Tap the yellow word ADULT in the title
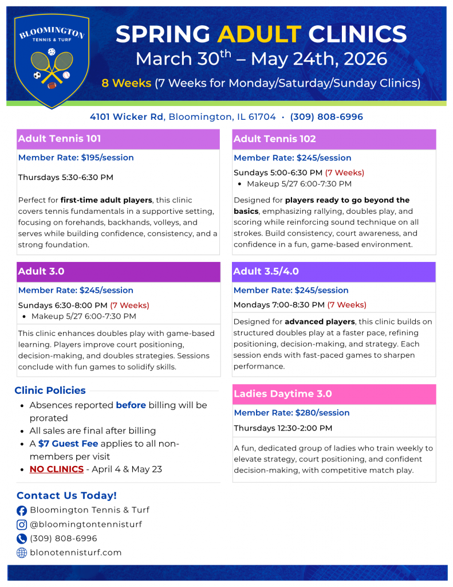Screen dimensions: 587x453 click(259, 34)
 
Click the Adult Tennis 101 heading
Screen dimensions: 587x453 click(60, 139)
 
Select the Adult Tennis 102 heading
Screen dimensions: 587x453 click(275, 139)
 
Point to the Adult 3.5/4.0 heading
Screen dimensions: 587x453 click(266, 272)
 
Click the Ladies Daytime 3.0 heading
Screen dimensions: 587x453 click(283, 394)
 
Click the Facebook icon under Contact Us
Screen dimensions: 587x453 click(22, 510)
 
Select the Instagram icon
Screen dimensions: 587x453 click(22, 525)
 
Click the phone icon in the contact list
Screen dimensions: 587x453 click(22, 539)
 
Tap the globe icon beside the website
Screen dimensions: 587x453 click(22, 553)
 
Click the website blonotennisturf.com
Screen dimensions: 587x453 click(76, 553)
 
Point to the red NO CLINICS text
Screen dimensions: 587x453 click(57, 469)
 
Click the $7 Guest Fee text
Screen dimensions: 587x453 click(68, 444)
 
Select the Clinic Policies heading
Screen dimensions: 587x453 click(50, 390)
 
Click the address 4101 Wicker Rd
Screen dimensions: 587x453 click(127, 117)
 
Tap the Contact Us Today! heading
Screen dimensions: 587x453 click(66, 496)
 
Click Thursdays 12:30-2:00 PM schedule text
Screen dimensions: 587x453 click(283, 428)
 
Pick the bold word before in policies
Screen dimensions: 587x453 click(131, 405)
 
